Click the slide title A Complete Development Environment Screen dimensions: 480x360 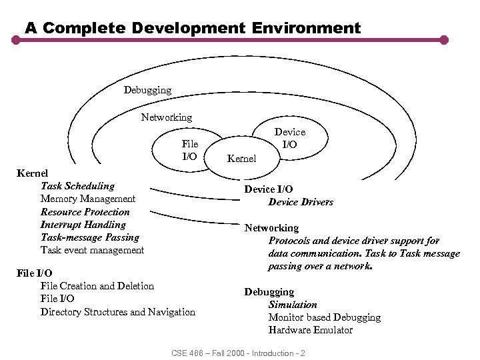pyautogui.click(x=193, y=28)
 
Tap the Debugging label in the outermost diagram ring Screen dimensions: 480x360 pyautogui.click(x=147, y=89)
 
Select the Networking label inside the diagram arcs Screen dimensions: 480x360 pyautogui.click(x=166, y=117)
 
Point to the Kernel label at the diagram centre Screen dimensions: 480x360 pyautogui.click(x=241, y=159)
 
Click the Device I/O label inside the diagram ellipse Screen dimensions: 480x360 pyautogui.click(x=290, y=138)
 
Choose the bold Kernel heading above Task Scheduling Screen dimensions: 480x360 pyautogui.click(x=32, y=173)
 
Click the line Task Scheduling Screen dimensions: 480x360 pyautogui.click(x=77, y=186)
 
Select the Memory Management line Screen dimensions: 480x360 pyautogui.click(x=87, y=199)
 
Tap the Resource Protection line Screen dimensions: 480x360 pyautogui.click(x=85, y=212)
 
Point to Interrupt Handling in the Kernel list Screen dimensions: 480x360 pyautogui.click(x=83, y=225)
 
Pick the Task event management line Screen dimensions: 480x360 pyautogui.click(x=92, y=250)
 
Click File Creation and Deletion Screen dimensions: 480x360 pyautogui.click(x=97, y=286)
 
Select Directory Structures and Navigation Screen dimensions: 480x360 pyautogui.click(x=118, y=312)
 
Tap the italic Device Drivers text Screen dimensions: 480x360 pyautogui.click(x=301, y=202)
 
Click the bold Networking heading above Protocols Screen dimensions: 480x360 pyautogui.click(x=271, y=228)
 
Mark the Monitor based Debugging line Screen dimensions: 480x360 pyautogui.click(x=325, y=317)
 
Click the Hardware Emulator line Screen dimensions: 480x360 pyautogui.click(x=311, y=330)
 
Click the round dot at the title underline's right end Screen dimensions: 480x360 pyautogui.click(x=444, y=40)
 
